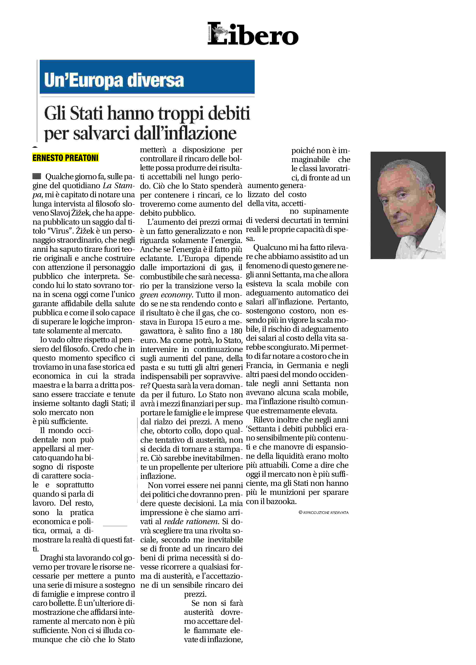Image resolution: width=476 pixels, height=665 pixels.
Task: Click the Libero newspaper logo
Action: (253, 34)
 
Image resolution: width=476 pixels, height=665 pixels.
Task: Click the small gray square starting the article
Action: (37, 176)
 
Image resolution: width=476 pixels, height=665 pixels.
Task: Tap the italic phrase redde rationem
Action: (191, 521)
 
